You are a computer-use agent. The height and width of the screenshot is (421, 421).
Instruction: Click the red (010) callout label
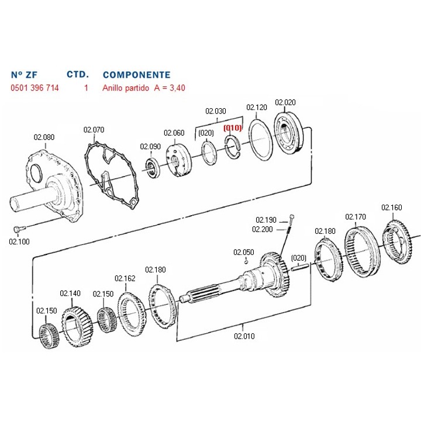pyautogui.click(x=233, y=128)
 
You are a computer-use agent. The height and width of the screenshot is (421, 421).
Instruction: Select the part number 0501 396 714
pyautogui.click(x=34, y=88)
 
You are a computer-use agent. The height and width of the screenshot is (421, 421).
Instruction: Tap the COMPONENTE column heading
pyautogui.click(x=137, y=75)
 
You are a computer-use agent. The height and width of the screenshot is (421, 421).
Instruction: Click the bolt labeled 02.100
pyautogui.click(x=19, y=229)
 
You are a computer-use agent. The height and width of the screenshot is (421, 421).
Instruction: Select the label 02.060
pyautogui.click(x=174, y=133)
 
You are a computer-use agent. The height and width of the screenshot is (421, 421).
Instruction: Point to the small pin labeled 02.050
pyautogui.click(x=246, y=261)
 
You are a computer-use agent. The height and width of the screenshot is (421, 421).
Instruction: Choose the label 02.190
pyautogui.click(x=266, y=220)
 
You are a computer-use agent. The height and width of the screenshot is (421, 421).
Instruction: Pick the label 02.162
pyautogui.click(x=125, y=278)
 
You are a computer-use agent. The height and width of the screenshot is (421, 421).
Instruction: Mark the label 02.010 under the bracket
pyautogui.click(x=244, y=336)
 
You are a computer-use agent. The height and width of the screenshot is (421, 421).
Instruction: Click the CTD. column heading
pyautogui.click(x=78, y=74)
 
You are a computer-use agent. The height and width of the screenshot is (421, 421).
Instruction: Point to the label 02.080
pyautogui.click(x=44, y=137)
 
